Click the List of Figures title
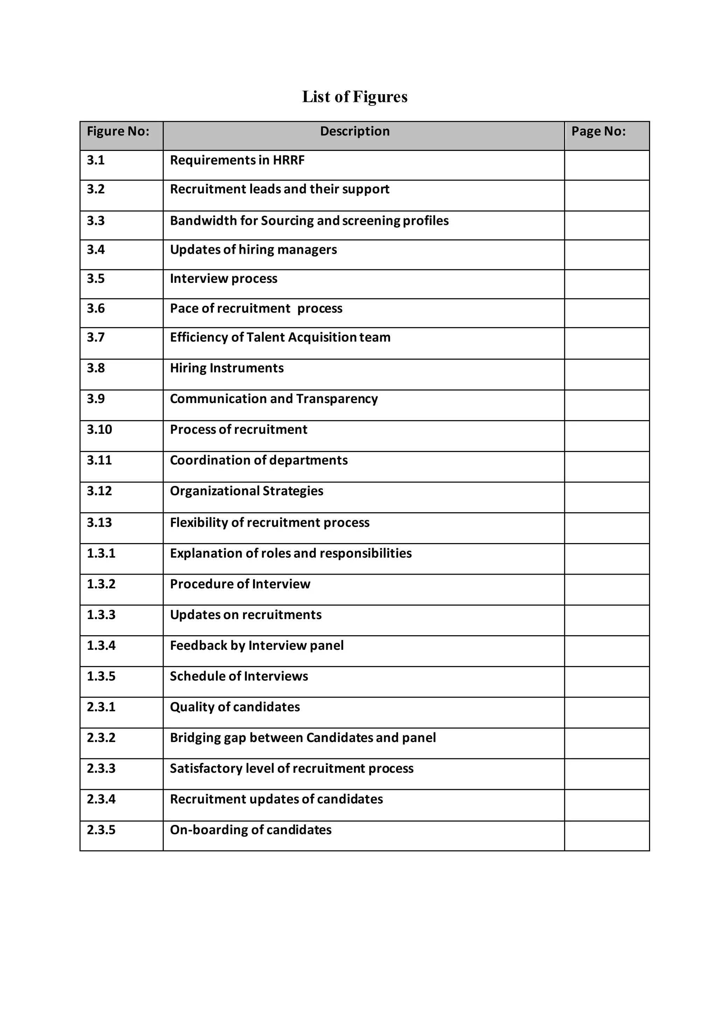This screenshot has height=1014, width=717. (355, 97)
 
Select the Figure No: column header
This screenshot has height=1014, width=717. (118, 131)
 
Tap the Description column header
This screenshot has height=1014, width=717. (355, 131)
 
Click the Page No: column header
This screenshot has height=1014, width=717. (598, 131)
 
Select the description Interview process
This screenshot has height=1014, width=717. (223, 279)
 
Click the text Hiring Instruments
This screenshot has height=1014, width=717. (227, 368)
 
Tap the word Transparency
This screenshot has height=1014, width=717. (337, 399)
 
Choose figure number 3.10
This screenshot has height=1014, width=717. (99, 430)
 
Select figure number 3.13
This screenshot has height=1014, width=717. (99, 522)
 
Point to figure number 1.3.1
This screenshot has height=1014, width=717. (101, 553)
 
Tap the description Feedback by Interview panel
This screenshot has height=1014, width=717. (257, 646)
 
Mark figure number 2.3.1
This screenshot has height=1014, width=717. (101, 707)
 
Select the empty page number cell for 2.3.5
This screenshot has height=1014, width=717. (607, 835)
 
